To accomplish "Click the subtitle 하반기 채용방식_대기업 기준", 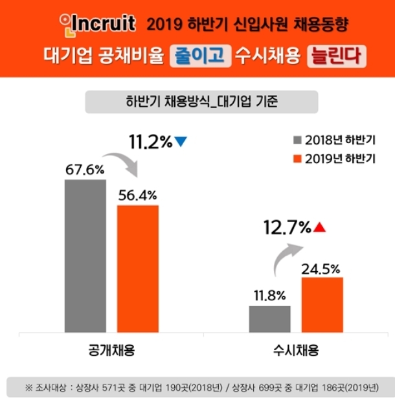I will tap(201, 102).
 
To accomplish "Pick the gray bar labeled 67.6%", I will tap(85, 256).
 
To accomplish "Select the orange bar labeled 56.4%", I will tap(137, 269).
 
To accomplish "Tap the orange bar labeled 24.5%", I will tap(322, 304).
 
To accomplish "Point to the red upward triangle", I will tap(319, 227).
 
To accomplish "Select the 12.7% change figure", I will tap(288, 228).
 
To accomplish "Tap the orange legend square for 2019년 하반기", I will tap(297, 158).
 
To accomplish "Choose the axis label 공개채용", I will tap(111, 351).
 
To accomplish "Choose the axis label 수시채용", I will tap(296, 351).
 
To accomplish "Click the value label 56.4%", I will tap(137, 194).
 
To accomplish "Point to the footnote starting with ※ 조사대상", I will tap(201, 387).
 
